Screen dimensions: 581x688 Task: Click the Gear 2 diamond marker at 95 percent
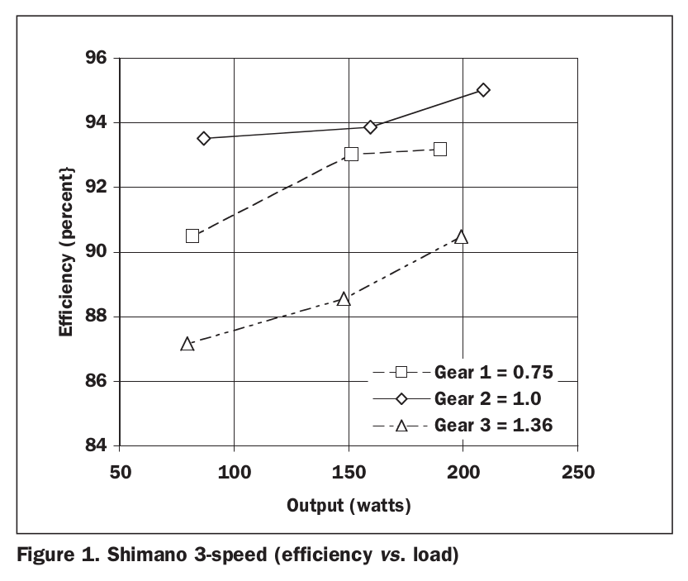[x=483, y=90]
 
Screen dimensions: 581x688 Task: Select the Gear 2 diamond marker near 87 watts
[x=204, y=138]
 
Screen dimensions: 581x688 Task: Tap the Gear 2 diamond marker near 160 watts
[x=370, y=127]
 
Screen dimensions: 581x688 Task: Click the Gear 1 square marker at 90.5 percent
[x=192, y=236]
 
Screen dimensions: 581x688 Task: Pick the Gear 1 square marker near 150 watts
[x=351, y=154]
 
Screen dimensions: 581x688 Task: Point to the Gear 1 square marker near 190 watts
[x=440, y=150]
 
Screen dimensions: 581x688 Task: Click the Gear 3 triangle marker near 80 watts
[x=187, y=344]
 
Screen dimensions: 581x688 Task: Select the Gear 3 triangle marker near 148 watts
[x=344, y=298]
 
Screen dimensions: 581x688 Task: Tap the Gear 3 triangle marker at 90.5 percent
[x=461, y=237]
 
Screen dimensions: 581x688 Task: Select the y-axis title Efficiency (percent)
[x=65, y=250]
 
